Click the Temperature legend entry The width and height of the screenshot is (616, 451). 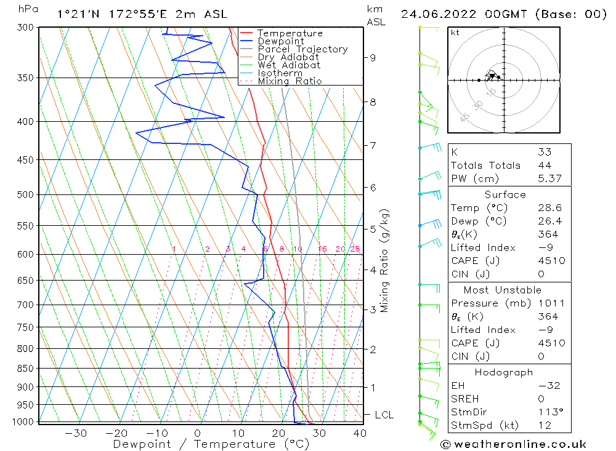pyautogui.click(x=290, y=33)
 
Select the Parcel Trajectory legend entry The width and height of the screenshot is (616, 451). pyautogui.click(x=302, y=49)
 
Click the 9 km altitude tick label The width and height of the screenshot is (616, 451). pyautogui.click(x=373, y=58)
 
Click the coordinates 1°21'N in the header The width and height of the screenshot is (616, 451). pyautogui.click(x=76, y=14)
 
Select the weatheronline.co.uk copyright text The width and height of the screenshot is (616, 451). pyautogui.click(x=513, y=444)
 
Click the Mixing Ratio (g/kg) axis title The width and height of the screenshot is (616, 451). pyautogui.click(x=385, y=260)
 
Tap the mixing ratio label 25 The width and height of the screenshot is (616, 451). pyautogui.click(x=355, y=249)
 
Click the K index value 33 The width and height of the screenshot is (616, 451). pyautogui.click(x=545, y=152)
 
